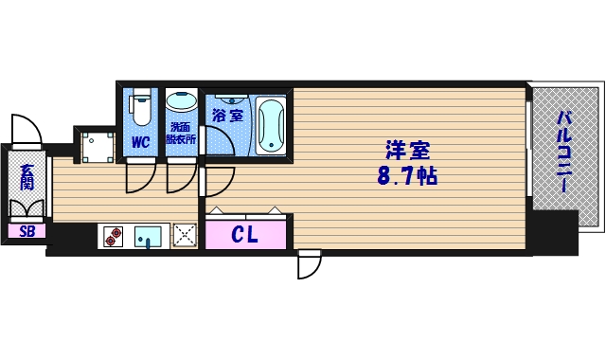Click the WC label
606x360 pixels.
[140, 142]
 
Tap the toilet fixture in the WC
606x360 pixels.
[140, 107]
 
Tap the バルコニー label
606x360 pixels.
[564, 152]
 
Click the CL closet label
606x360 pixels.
[245, 234]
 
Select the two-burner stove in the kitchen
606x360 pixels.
[114, 236]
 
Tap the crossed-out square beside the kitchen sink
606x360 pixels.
[184, 235]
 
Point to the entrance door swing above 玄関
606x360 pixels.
[23, 130]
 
